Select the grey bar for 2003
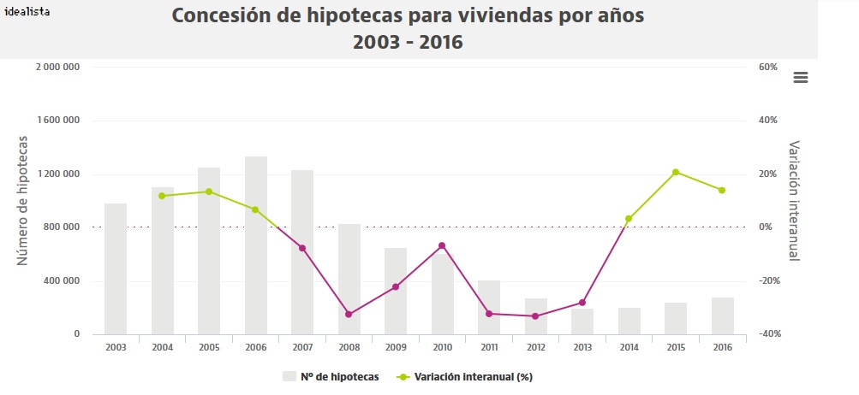[116, 268]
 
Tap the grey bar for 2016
[723, 315]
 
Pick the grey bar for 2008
[349, 279]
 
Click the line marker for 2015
[676, 173]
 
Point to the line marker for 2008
[349, 315]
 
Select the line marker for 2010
[442, 245]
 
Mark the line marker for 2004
[162, 196]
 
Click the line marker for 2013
[582, 303]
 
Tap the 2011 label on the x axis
[489, 347]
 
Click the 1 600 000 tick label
[57, 121]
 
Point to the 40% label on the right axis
[767, 121]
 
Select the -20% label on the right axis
[767, 280]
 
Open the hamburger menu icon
[801, 77]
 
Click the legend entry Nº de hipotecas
[332, 376]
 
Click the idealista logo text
[27, 11]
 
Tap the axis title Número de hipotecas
[23, 200]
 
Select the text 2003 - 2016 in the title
[408, 41]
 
